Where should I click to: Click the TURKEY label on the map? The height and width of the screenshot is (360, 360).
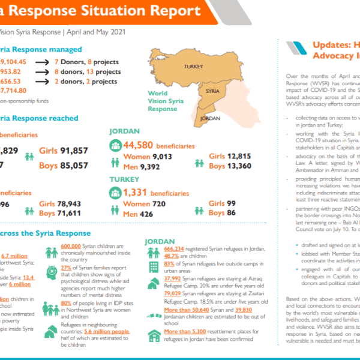click(194, 67)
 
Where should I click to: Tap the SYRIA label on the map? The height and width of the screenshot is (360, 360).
click(212, 91)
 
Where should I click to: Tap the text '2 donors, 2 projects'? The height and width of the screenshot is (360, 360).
click(86, 82)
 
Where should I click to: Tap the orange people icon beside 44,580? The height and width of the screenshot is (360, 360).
click(116, 145)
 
